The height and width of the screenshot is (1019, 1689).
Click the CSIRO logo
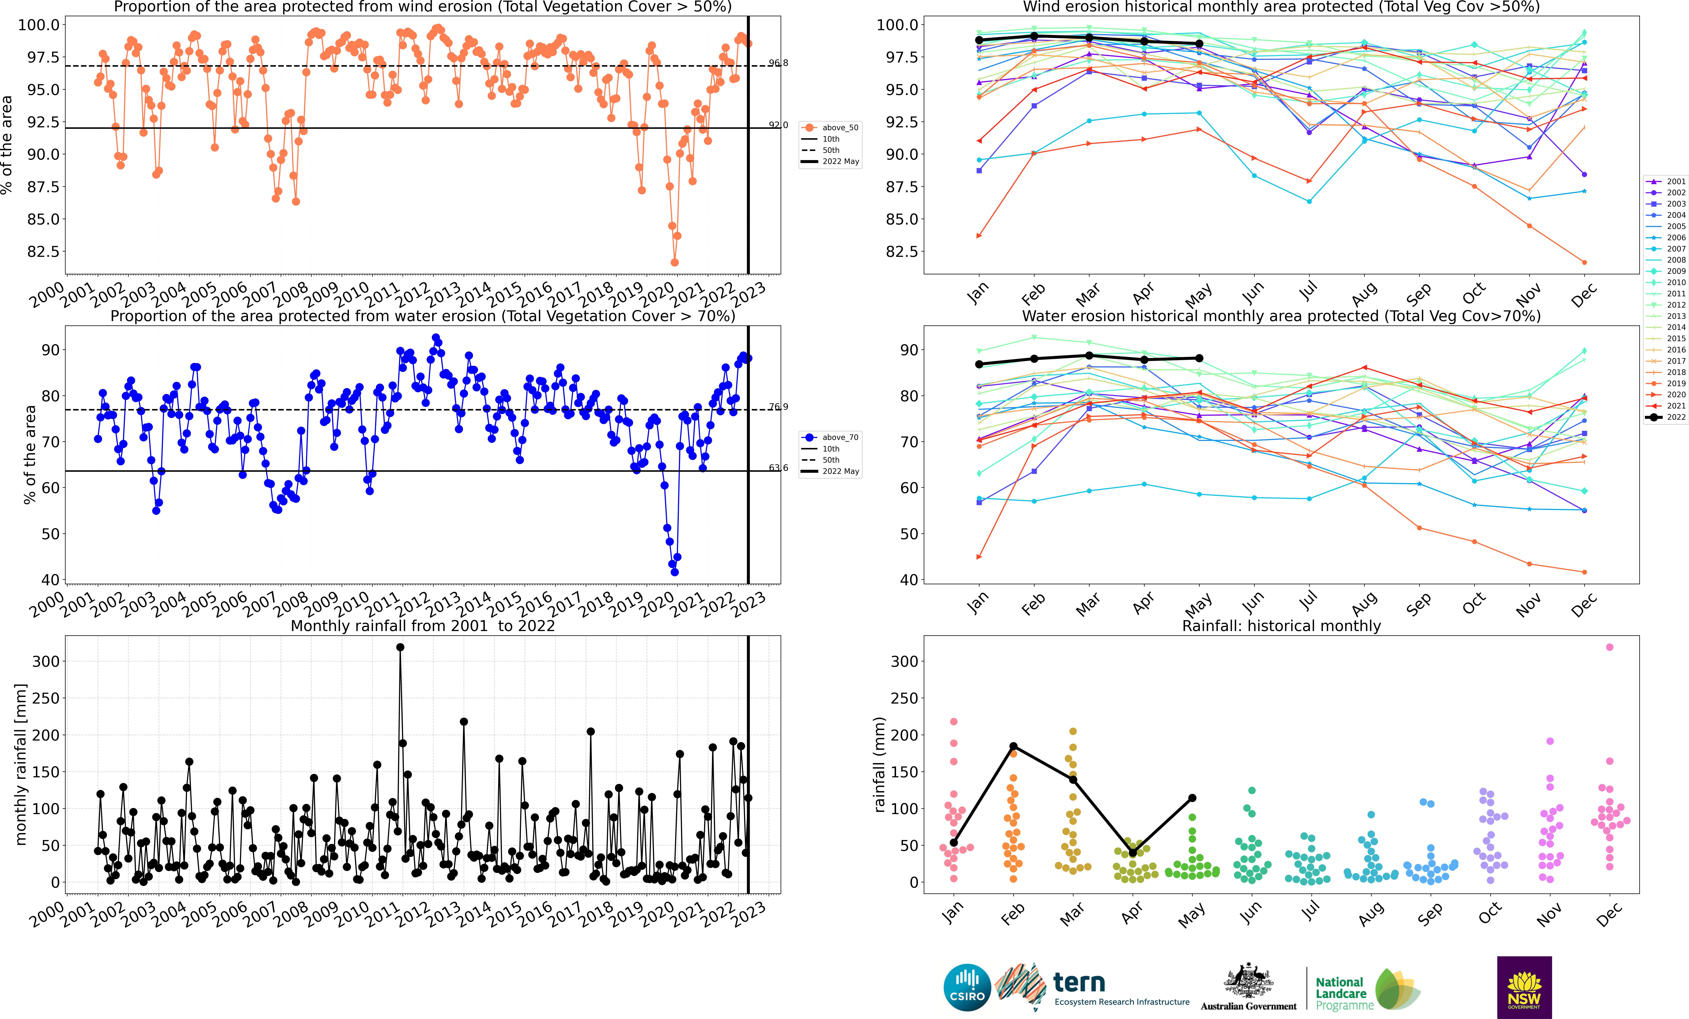[x=967, y=988]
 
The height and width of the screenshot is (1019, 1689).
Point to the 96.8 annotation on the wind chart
[x=778, y=63]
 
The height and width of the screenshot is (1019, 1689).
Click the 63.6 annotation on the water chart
[x=778, y=468]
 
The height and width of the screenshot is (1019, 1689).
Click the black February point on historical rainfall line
[x=1013, y=746]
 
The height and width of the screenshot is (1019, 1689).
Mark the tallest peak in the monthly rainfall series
[x=400, y=647]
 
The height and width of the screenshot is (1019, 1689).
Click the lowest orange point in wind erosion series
[x=674, y=262]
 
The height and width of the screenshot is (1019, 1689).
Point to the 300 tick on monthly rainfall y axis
[x=46, y=661]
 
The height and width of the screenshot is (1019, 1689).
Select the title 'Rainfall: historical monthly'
[x=1281, y=626]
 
